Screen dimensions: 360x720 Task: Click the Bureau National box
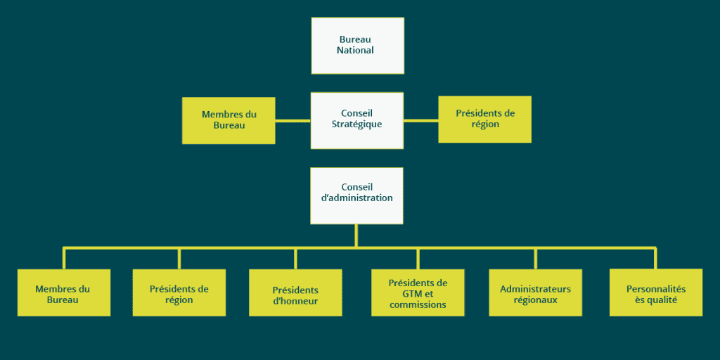(357, 46)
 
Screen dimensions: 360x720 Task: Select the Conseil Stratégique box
(357, 120)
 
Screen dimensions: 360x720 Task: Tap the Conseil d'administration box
(356, 195)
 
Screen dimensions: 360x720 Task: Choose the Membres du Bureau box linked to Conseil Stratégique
(229, 120)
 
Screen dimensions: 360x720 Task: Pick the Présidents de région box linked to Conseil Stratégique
(484, 120)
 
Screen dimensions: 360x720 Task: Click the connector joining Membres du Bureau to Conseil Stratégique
(292, 120)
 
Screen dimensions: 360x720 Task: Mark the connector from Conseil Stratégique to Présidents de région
(420, 120)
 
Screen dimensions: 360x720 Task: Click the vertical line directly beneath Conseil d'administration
(356, 236)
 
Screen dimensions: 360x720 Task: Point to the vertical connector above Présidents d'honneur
(295, 258)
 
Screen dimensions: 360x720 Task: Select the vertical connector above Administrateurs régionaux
(535, 258)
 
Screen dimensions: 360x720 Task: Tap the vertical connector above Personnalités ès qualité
(655, 258)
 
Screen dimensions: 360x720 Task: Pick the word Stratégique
(357, 125)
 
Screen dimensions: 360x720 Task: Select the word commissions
(418, 305)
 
